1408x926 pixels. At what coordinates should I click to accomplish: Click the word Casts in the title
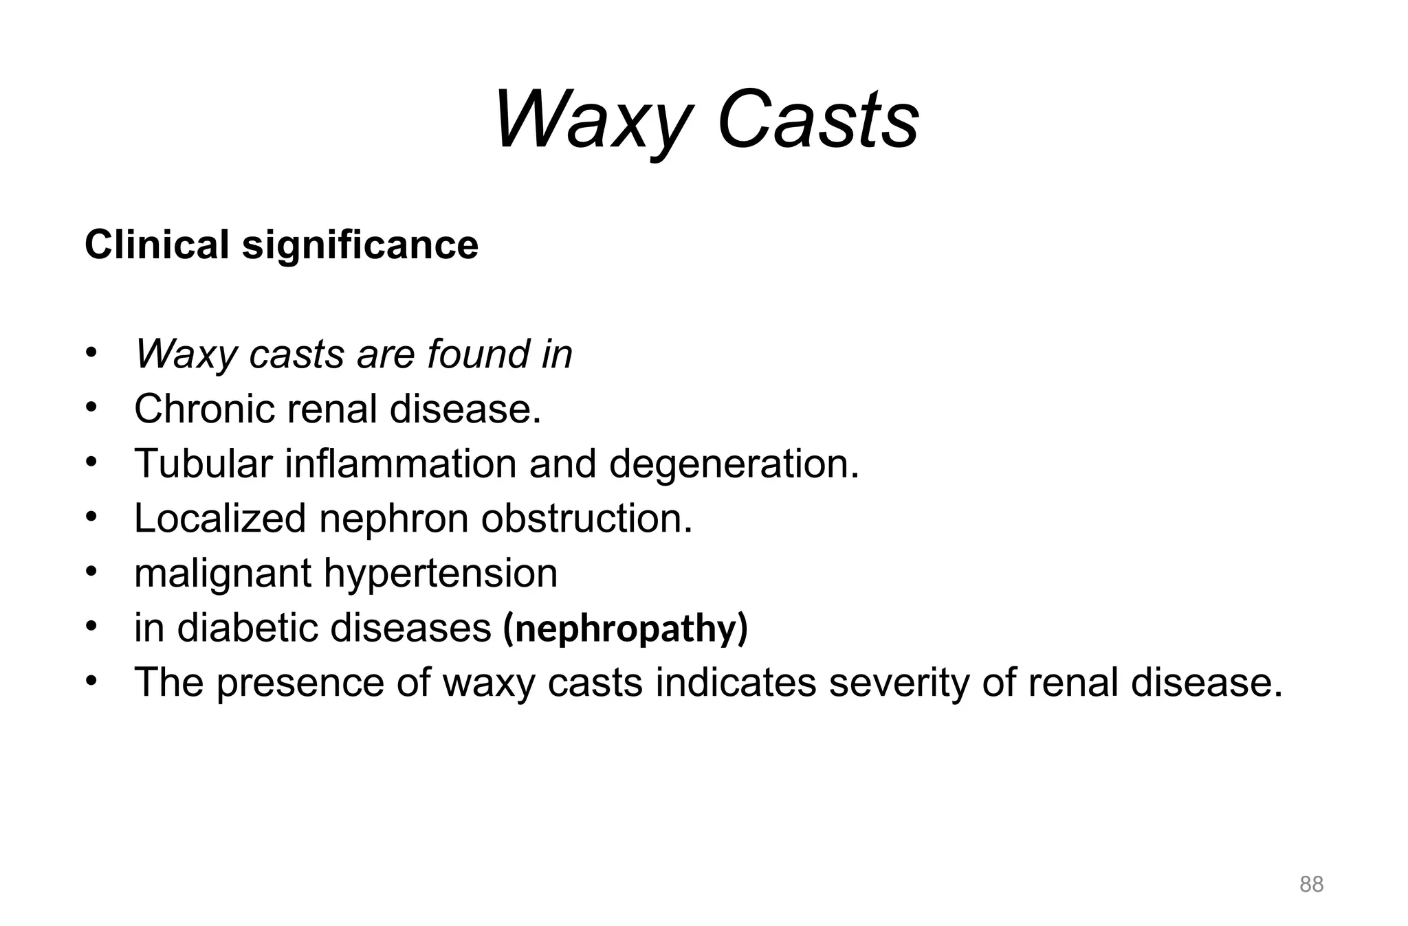click(x=817, y=120)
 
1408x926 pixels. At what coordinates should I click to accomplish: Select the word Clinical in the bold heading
click(x=157, y=245)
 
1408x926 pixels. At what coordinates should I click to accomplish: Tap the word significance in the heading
click(x=360, y=246)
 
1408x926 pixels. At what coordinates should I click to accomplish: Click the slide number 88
click(x=1311, y=884)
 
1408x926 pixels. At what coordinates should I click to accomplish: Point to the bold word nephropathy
click(x=626, y=629)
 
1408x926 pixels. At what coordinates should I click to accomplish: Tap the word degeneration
click(x=734, y=464)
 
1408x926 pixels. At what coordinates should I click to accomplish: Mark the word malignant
click(x=223, y=574)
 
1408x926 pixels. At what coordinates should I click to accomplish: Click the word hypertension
click(x=440, y=574)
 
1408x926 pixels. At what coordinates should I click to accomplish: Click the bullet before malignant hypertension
click(x=92, y=572)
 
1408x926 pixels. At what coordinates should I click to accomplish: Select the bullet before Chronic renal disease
click(x=92, y=407)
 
